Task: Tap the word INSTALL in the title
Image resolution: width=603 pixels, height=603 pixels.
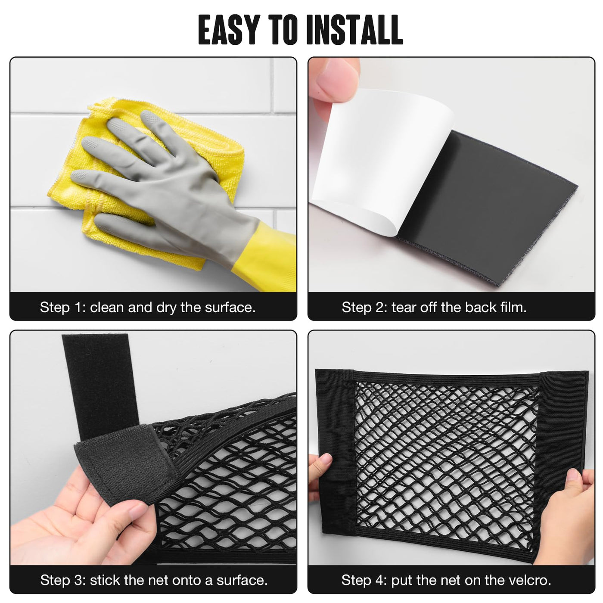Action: (354, 30)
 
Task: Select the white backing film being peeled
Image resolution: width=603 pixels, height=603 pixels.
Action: (382, 160)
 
